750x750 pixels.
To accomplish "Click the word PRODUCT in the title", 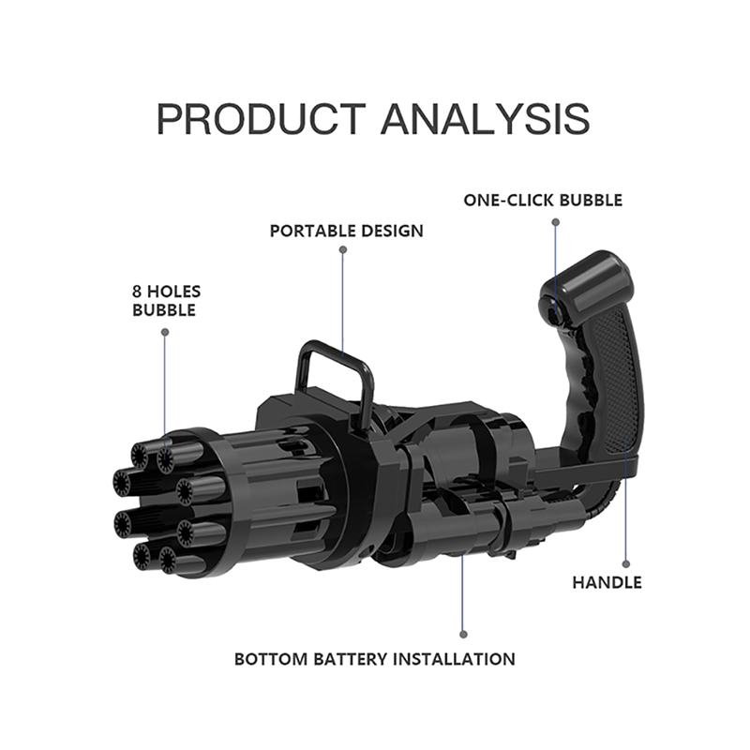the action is (262, 119).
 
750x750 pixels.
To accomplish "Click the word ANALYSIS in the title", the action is (485, 119).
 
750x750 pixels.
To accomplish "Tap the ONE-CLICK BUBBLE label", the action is (543, 200).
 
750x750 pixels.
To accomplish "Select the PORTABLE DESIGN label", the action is (347, 231).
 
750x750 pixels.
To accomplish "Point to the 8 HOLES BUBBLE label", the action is (167, 300).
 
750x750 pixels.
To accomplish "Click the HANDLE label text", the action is (607, 582).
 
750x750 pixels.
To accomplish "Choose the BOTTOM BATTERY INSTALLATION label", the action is (374, 659).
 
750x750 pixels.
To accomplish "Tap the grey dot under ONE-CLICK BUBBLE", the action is (555, 222).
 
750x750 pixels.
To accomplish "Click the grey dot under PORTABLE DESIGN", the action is (342, 249).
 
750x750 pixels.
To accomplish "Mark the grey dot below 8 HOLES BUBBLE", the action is (165, 332).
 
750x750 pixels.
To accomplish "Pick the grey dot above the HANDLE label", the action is (626, 564).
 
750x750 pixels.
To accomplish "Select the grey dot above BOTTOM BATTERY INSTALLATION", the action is (463, 635).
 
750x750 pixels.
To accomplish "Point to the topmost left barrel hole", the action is (140, 455).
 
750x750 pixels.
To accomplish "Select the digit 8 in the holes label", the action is (137, 292).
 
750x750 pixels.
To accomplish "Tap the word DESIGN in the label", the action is (392, 231).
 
